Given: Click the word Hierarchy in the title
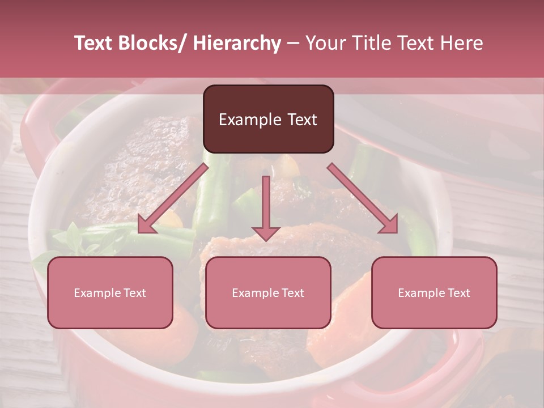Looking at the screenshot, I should click(237, 44).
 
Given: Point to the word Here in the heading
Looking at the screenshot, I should click(458, 44).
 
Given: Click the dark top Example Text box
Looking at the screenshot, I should click(268, 120).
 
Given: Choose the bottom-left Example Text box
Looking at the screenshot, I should click(110, 293).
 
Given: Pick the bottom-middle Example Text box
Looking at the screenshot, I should click(268, 293).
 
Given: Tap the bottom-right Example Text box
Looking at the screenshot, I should click(434, 293).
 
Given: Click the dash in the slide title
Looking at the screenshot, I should click(293, 44).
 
